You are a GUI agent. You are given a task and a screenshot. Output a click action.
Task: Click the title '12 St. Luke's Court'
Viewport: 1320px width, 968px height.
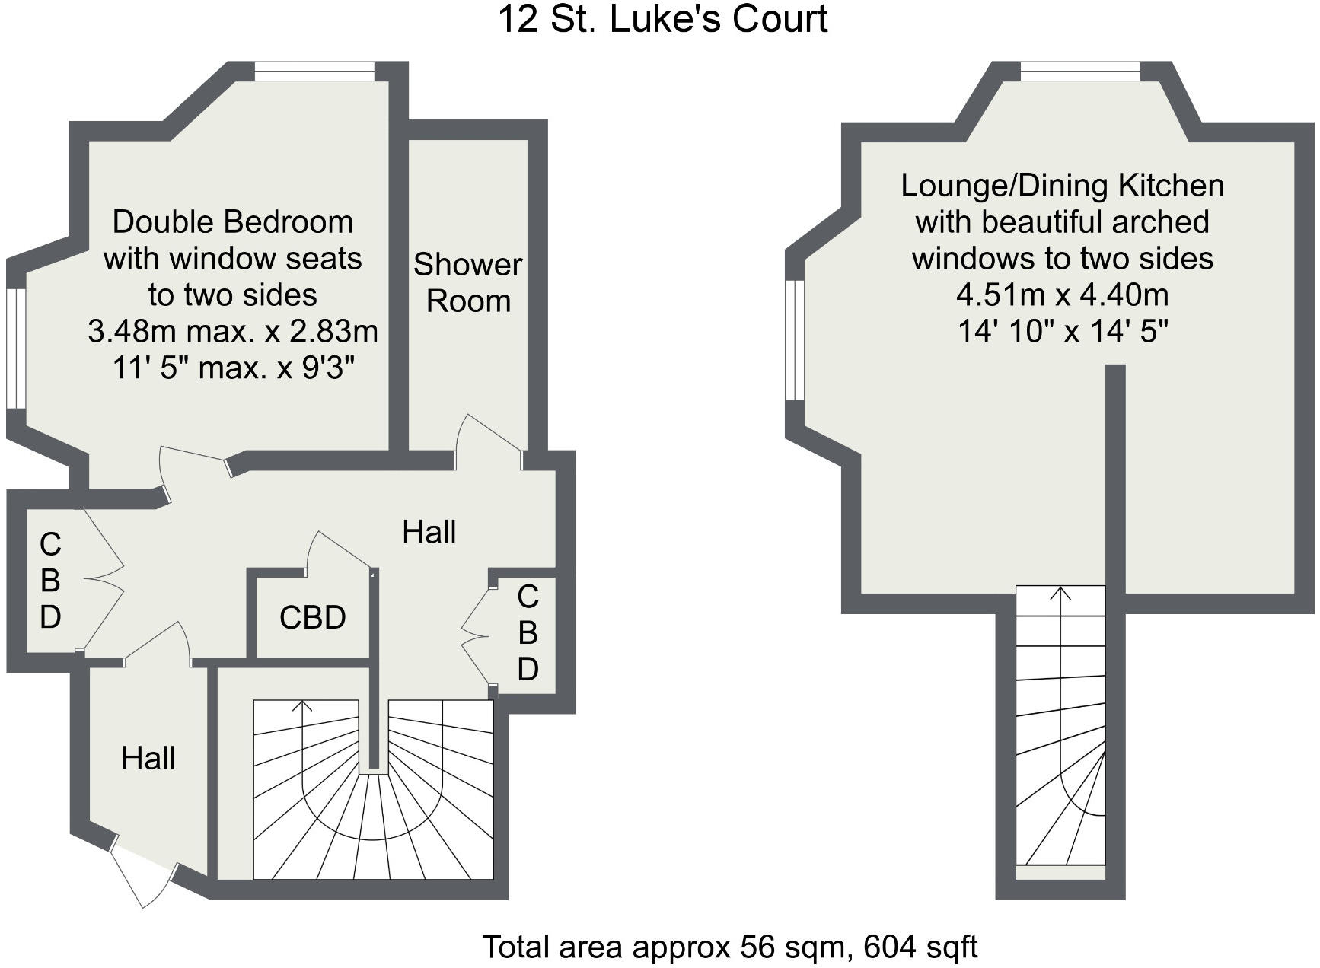tap(662, 19)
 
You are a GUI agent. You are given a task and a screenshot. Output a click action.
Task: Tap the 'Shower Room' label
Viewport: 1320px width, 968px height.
tap(468, 282)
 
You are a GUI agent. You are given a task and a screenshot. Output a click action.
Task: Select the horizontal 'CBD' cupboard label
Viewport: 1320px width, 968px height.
tap(313, 617)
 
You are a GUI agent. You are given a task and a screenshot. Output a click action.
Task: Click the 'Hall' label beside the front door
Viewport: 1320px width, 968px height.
tap(148, 758)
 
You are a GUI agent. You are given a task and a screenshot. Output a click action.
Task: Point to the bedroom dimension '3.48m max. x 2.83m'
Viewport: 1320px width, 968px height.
tap(233, 331)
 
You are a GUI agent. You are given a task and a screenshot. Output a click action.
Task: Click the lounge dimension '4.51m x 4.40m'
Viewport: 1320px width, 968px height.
tap(1063, 295)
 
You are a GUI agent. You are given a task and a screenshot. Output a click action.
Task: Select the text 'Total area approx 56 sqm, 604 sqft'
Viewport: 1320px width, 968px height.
tap(730, 947)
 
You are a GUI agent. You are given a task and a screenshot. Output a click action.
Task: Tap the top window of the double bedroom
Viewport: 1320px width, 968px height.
tap(315, 72)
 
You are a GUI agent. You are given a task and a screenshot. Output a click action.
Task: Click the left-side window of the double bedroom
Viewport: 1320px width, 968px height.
tap(16, 349)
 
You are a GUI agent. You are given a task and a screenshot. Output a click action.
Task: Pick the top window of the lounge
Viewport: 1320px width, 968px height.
tap(1081, 72)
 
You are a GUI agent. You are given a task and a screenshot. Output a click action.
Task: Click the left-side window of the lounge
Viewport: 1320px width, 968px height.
tap(795, 339)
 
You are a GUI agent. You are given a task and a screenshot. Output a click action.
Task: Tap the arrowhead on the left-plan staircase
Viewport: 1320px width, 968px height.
tap(303, 705)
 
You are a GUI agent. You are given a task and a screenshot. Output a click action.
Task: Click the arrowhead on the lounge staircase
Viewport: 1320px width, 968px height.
tap(1060, 593)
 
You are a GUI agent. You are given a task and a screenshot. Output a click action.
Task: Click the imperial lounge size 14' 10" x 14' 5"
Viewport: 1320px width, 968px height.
tap(1063, 331)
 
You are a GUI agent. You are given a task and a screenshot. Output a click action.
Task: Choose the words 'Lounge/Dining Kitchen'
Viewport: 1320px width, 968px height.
tap(1063, 186)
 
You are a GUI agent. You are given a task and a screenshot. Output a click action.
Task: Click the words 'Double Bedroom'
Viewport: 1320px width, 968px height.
tap(233, 222)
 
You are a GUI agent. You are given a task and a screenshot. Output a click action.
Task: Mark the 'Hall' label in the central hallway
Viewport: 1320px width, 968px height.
tap(429, 532)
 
